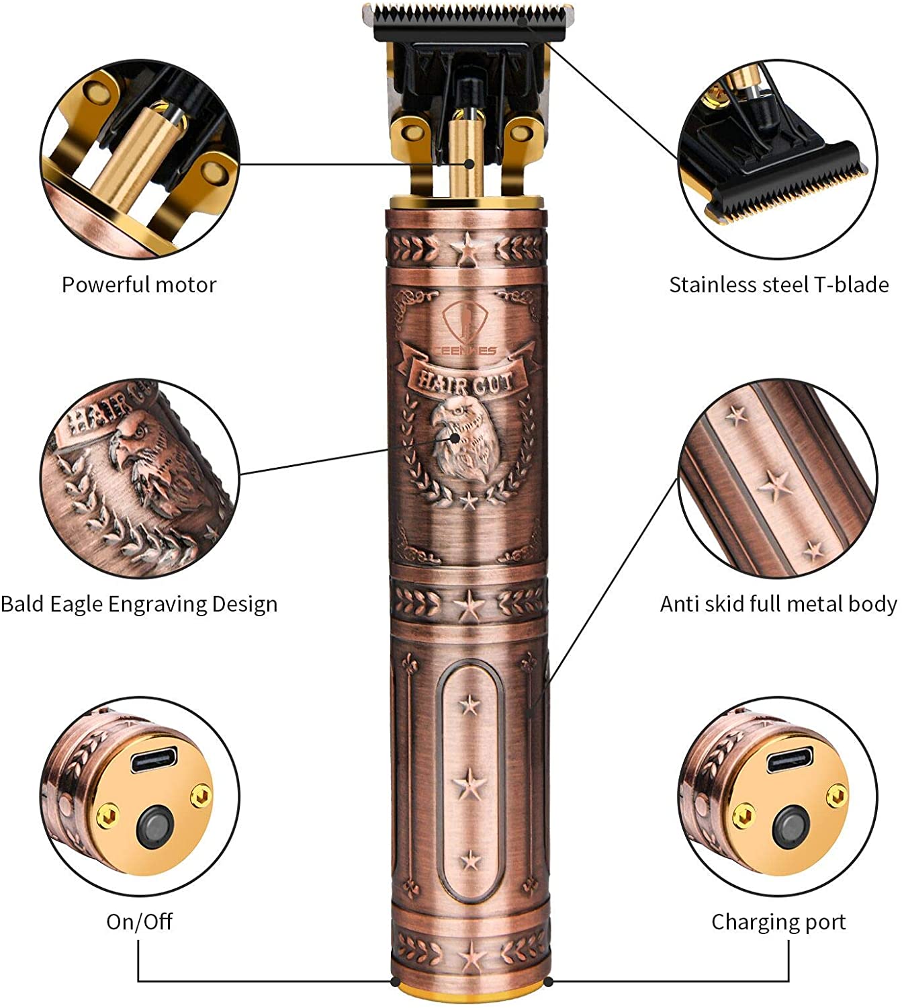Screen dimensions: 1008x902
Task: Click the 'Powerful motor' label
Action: point(139,285)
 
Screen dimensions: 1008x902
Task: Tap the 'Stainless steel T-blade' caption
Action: point(778,285)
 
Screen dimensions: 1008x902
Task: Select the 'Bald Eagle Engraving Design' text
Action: point(139,604)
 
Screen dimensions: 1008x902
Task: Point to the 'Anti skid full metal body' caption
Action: point(778,604)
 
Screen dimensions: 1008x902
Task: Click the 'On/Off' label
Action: point(139,921)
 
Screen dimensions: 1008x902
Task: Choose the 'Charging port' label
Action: point(778,921)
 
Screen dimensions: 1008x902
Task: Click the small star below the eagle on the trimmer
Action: point(468,500)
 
